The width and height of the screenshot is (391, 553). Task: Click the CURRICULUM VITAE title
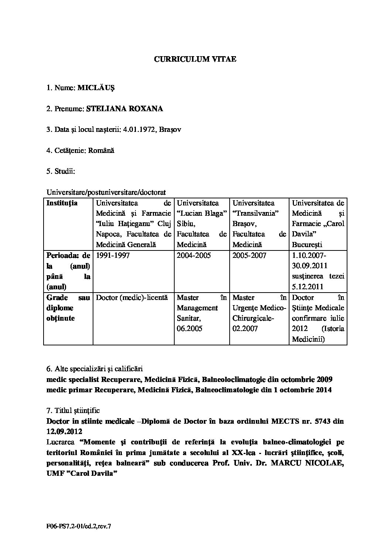click(195, 59)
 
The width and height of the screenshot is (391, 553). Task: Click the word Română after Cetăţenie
click(102, 151)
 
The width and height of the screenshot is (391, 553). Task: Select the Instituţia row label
click(62, 203)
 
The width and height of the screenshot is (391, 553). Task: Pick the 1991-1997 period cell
click(113, 256)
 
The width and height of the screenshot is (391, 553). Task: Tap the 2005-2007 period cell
click(249, 256)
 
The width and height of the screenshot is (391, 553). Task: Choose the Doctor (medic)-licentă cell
click(132, 297)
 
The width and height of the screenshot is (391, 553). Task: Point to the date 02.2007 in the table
click(245, 329)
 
